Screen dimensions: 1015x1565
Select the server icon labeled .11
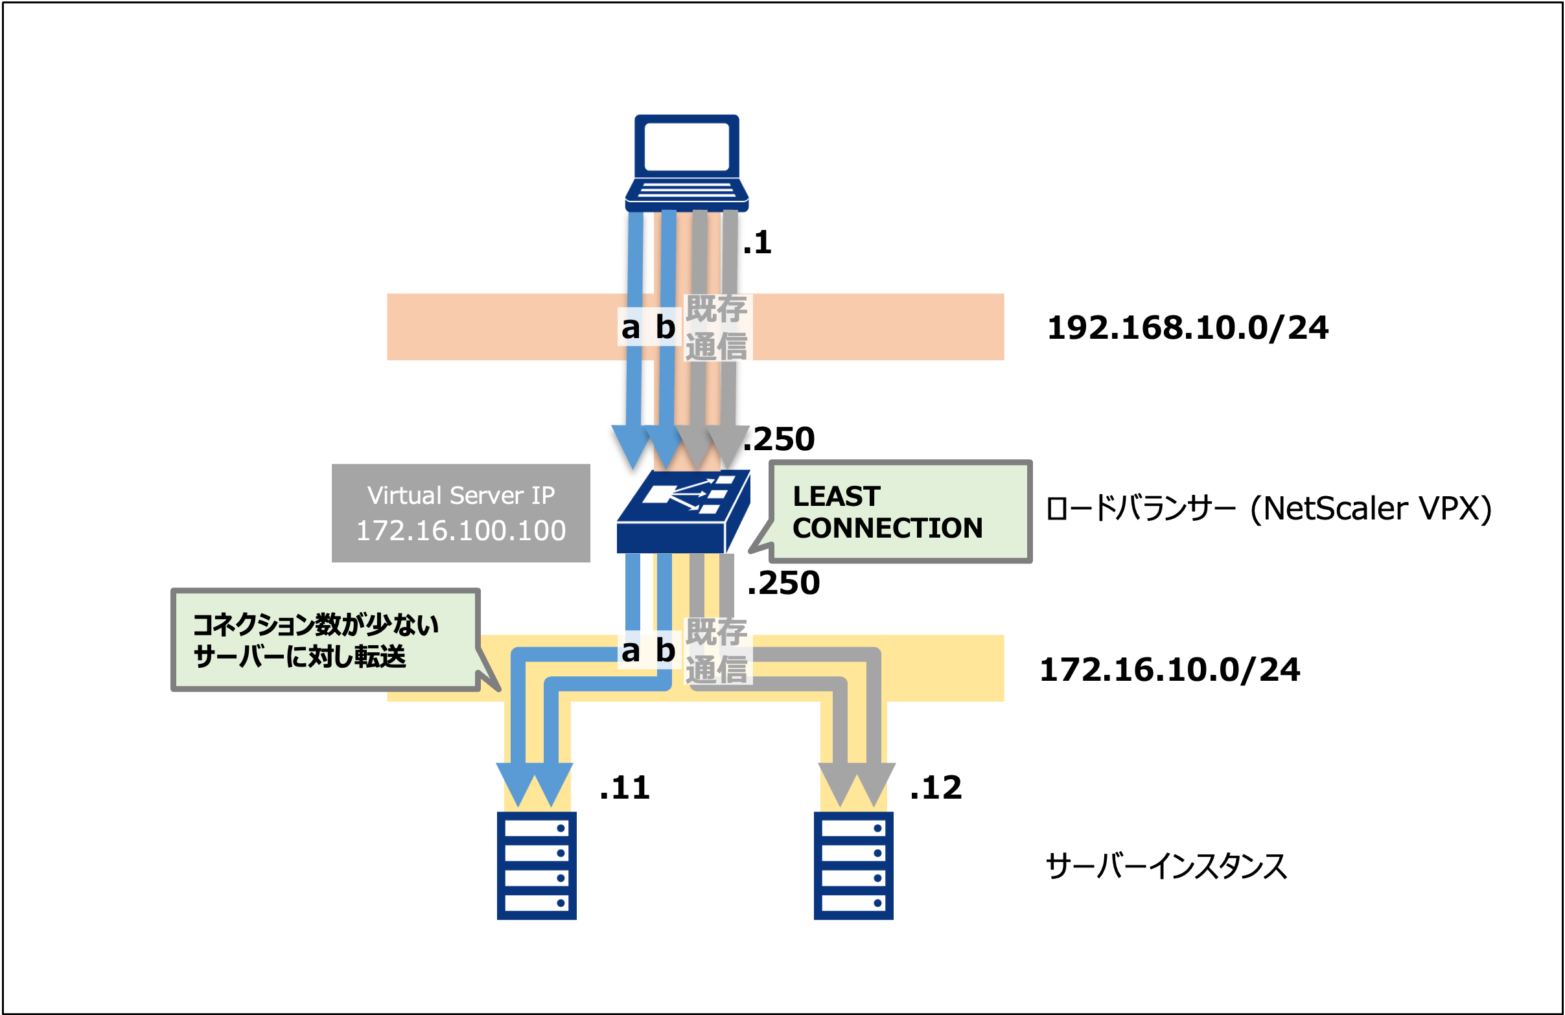point(537,865)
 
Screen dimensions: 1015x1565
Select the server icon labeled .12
point(853,865)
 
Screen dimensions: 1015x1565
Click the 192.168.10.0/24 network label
point(1187,327)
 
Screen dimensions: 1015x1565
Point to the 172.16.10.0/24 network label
point(1169,669)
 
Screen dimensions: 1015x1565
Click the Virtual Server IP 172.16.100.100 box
point(460,513)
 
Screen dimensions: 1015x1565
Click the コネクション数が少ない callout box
point(325,639)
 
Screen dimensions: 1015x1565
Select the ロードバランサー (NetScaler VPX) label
point(1268,508)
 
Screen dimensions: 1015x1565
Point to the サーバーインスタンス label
point(1165,866)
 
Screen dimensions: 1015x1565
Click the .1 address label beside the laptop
point(757,242)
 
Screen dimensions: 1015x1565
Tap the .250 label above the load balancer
point(780,439)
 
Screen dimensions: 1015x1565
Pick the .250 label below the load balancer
point(784,582)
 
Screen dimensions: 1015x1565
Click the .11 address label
point(625,787)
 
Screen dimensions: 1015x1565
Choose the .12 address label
point(936,787)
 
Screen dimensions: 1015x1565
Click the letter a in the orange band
point(631,327)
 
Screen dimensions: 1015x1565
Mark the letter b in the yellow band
point(666,650)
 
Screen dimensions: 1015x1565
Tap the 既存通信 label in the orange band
point(716,327)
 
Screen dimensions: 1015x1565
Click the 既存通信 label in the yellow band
point(716,651)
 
